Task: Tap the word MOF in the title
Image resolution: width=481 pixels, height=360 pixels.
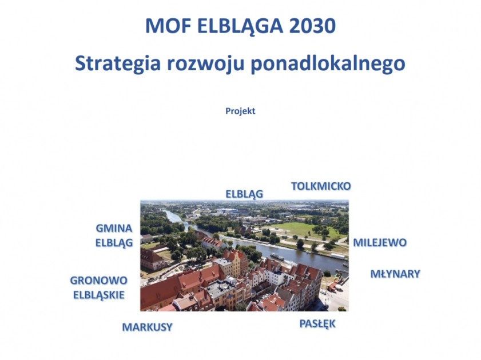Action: (163, 26)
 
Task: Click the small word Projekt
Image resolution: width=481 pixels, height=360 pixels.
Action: (240, 111)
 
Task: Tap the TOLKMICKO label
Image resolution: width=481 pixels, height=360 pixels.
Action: (321, 186)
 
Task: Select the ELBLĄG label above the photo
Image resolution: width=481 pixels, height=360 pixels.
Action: (244, 194)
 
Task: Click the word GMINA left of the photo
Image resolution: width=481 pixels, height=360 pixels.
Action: (114, 228)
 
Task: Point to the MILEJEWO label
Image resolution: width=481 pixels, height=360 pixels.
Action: (380, 242)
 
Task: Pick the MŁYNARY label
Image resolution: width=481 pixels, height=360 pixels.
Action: (395, 274)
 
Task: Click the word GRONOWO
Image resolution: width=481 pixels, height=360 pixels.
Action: (98, 281)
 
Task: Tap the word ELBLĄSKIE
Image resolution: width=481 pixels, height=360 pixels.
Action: (99, 295)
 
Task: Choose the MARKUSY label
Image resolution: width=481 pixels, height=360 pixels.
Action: (147, 327)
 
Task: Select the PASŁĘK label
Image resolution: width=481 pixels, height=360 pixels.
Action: (317, 324)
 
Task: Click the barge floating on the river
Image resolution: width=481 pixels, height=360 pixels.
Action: (280, 257)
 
